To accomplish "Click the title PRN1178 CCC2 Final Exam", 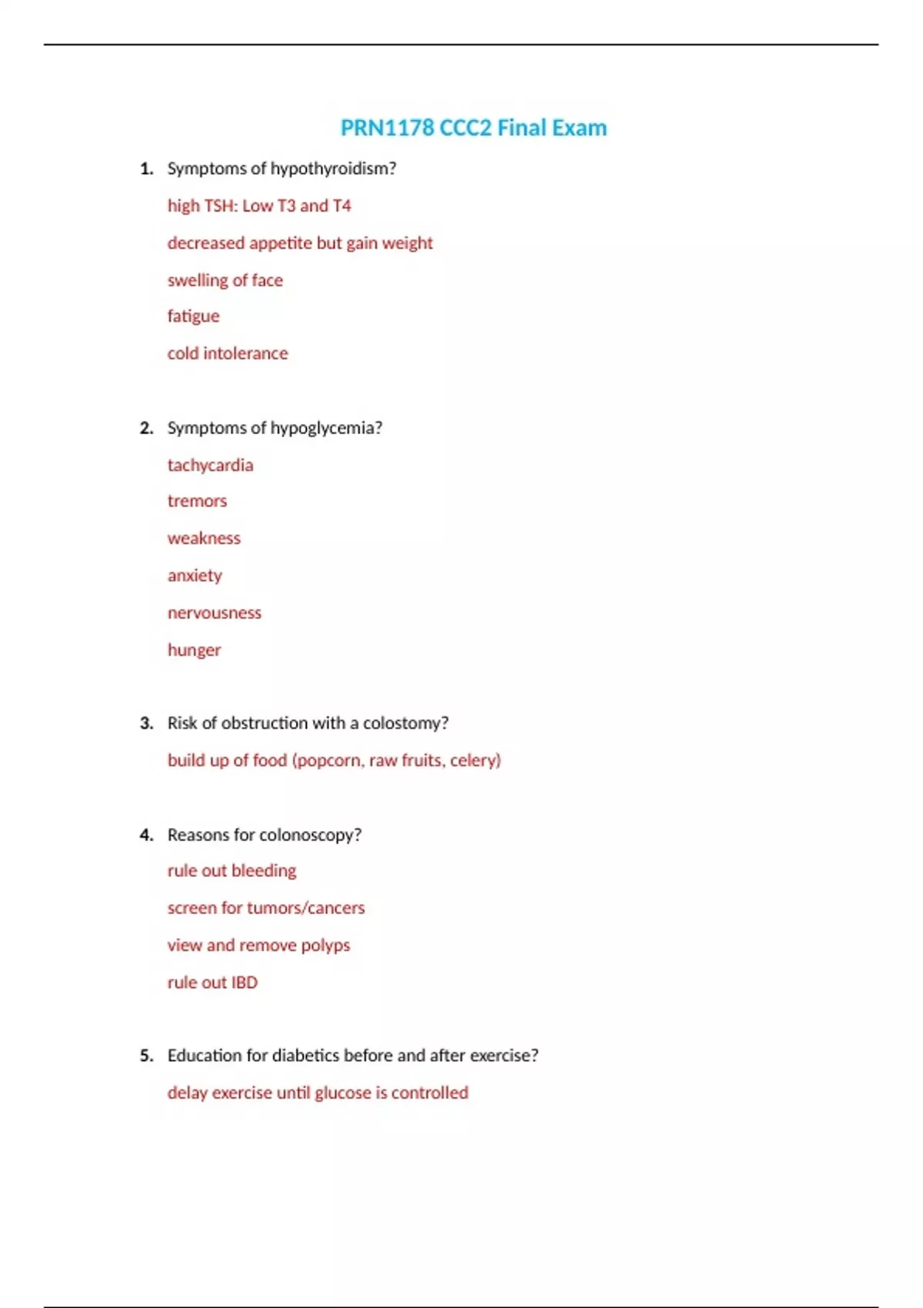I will (473, 128).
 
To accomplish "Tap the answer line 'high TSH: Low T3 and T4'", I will (259, 206).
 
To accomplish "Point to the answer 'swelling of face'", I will (225, 280).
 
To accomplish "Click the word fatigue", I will (193, 316).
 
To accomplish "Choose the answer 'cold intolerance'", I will (228, 353).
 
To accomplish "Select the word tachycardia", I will (210, 465).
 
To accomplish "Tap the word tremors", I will (197, 501).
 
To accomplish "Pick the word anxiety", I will (195, 576).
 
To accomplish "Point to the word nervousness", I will (215, 612).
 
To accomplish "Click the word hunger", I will (194, 650).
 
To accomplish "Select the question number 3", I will (146, 723).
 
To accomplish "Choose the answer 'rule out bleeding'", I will (232, 871).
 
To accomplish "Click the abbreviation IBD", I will (245, 983).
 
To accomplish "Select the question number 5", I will (146, 1056).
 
